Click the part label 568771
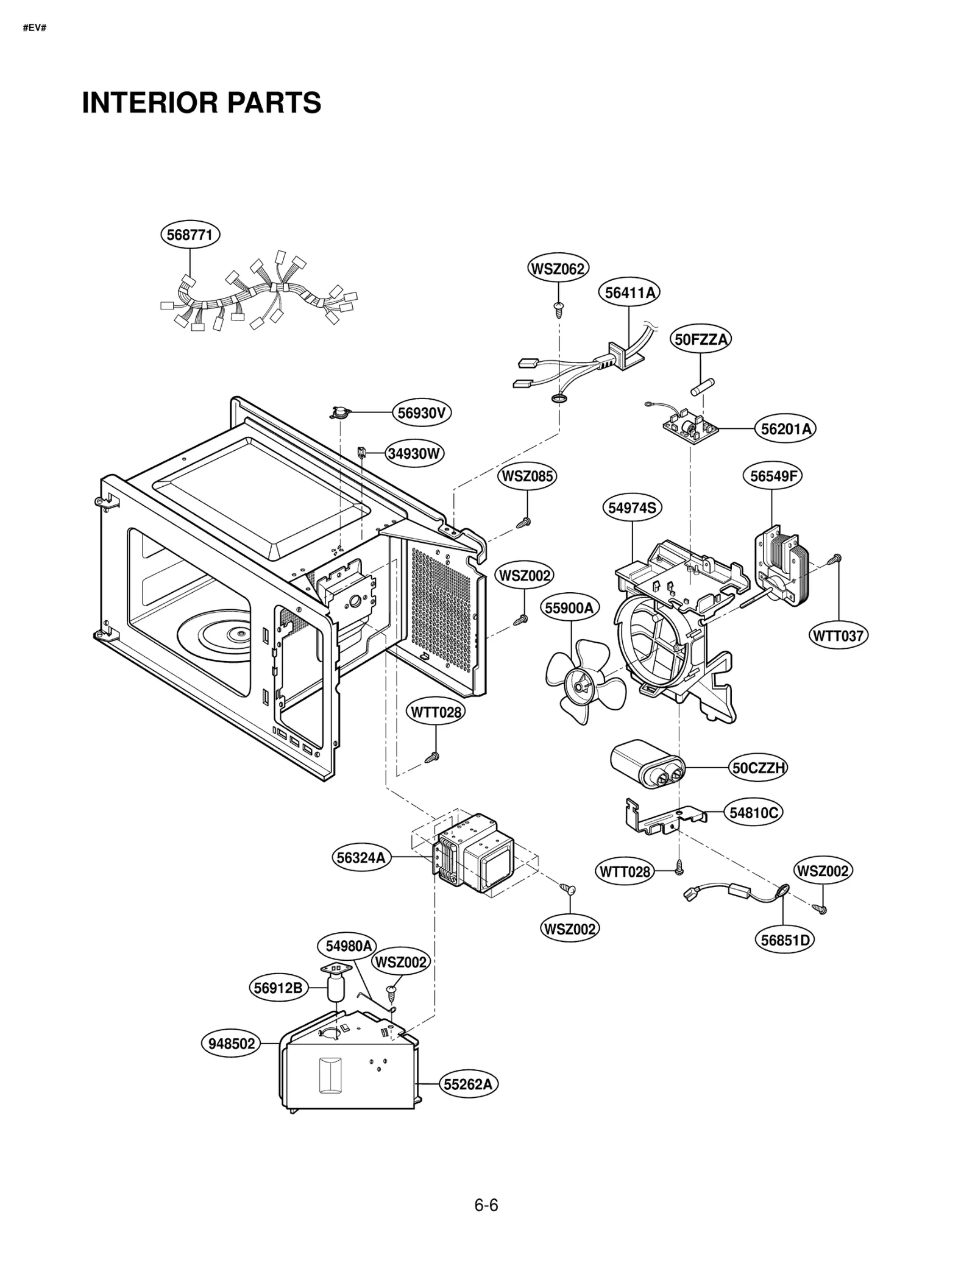click(190, 235)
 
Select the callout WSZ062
click(558, 269)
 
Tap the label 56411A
click(629, 293)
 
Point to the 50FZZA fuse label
click(701, 339)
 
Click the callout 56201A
click(785, 429)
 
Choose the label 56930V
click(421, 413)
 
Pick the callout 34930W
click(414, 453)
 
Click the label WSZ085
click(527, 476)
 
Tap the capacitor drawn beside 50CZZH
click(647, 765)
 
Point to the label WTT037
click(838, 636)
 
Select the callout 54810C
click(754, 813)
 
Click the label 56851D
click(785, 940)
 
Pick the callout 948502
click(232, 1044)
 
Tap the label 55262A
click(468, 1084)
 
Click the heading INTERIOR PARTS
click(202, 102)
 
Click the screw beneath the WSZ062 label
click(559, 309)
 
